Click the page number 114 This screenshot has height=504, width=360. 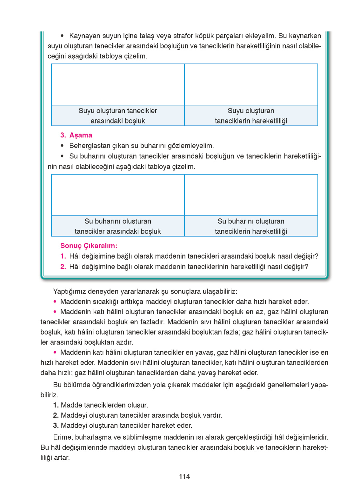(184, 476)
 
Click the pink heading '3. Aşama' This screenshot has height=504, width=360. (76, 135)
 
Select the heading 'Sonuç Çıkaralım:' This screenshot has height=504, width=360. (89, 246)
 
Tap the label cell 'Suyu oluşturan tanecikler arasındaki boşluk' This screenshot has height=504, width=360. (118, 116)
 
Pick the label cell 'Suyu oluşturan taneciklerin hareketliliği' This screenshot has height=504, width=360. (251, 116)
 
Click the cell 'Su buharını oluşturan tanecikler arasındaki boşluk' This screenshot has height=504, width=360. (118, 226)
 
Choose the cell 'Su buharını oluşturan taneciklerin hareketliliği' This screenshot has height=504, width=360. (251, 226)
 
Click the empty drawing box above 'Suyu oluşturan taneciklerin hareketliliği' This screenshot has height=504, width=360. (251, 84)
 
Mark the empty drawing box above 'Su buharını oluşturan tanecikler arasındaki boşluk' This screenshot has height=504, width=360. (118, 195)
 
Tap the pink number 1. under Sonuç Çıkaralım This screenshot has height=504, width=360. (63, 256)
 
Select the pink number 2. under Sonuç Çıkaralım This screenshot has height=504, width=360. (63, 267)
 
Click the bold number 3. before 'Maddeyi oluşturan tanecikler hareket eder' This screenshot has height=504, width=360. (56, 425)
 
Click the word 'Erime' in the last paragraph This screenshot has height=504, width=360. (63, 437)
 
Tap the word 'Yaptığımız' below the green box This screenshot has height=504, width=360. (70, 291)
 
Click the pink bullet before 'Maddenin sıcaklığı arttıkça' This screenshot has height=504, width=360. (55, 302)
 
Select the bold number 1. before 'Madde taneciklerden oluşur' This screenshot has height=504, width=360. (56, 405)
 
